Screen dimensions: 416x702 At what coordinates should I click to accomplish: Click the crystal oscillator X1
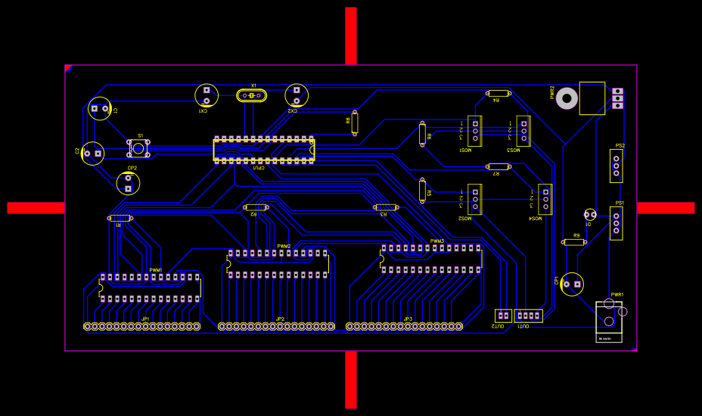click(251, 95)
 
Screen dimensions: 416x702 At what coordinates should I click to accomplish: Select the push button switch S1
click(138, 147)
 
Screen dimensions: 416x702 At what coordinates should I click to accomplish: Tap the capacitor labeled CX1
click(207, 95)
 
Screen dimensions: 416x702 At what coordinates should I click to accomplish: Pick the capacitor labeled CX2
click(297, 95)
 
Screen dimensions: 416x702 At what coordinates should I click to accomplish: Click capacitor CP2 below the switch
click(128, 183)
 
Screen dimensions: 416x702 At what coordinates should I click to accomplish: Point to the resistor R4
click(498, 93)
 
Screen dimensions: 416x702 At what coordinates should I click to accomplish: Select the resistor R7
click(498, 166)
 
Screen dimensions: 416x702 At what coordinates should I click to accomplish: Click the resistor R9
click(574, 242)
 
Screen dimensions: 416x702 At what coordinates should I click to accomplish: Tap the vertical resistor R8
click(355, 123)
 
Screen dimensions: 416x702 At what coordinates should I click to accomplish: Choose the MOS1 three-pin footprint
click(475, 130)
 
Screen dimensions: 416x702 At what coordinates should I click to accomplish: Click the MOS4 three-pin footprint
click(545, 199)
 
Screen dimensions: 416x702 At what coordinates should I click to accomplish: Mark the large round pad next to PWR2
click(567, 98)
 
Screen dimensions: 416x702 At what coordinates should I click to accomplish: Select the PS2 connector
click(616, 166)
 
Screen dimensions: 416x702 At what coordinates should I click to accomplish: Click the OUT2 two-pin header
click(503, 315)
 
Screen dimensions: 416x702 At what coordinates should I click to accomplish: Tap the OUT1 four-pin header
click(529, 315)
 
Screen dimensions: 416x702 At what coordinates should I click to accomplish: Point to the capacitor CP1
click(572, 284)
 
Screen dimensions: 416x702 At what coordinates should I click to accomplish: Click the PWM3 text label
click(437, 241)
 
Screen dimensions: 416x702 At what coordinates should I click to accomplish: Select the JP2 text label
click(280, 319)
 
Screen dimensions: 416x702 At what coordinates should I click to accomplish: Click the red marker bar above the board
click(351, 36)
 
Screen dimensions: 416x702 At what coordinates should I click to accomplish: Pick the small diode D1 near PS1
click(590, 215)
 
